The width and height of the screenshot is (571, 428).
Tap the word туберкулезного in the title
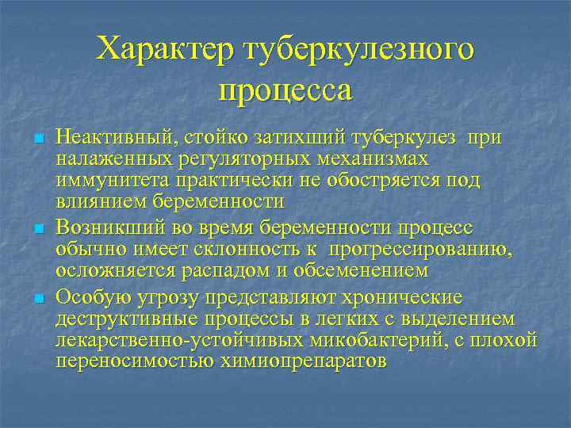(361, 49)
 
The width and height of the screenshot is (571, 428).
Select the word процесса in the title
(285, 90)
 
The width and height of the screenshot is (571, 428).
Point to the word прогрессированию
(421, 250)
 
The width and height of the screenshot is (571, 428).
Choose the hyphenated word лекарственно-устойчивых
(179, 340)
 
